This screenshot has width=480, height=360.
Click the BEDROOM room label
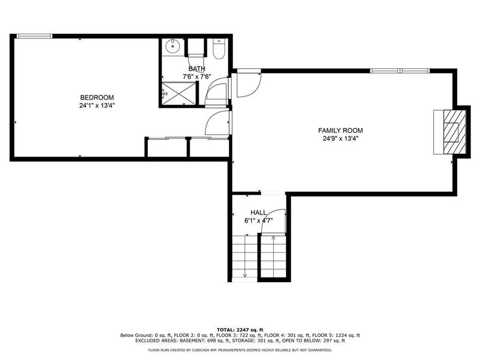coord(97,98)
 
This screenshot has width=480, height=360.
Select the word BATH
coord(197,69)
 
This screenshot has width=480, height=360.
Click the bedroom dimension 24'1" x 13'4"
coord(97,106)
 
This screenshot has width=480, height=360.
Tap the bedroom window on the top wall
coord(34,36)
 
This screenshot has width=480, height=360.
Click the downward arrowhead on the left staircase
coord(245,275)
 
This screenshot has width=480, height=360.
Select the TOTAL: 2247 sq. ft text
coord(240,330)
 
